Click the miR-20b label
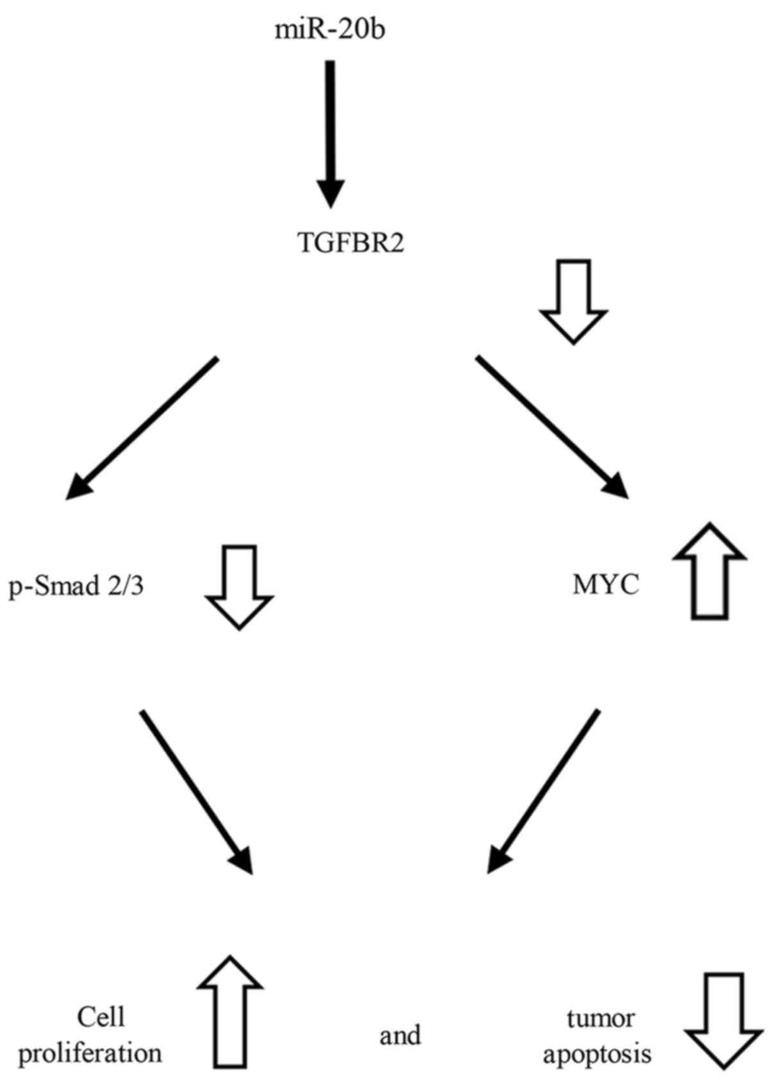[x=330, y=29]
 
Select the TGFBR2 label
[x=352, y=244]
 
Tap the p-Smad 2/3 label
[x=76, y=585]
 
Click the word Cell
[x=101, y=1016]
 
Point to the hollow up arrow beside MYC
[x=709, y=570]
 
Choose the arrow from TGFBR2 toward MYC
[x=551, y=426]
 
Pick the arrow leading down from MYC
[x=545, y=791]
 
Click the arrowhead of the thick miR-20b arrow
[x=331, y=192]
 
